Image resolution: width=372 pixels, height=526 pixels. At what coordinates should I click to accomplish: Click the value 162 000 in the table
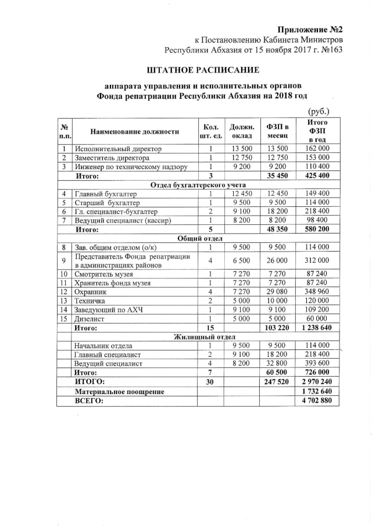(x=317, y=149)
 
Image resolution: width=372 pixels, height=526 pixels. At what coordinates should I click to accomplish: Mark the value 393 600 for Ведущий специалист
(x=317, y=363)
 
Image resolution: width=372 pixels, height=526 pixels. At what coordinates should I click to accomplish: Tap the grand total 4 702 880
(x=317, y=401)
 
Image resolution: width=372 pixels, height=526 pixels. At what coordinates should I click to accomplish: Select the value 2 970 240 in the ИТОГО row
(x=317, y=381)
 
